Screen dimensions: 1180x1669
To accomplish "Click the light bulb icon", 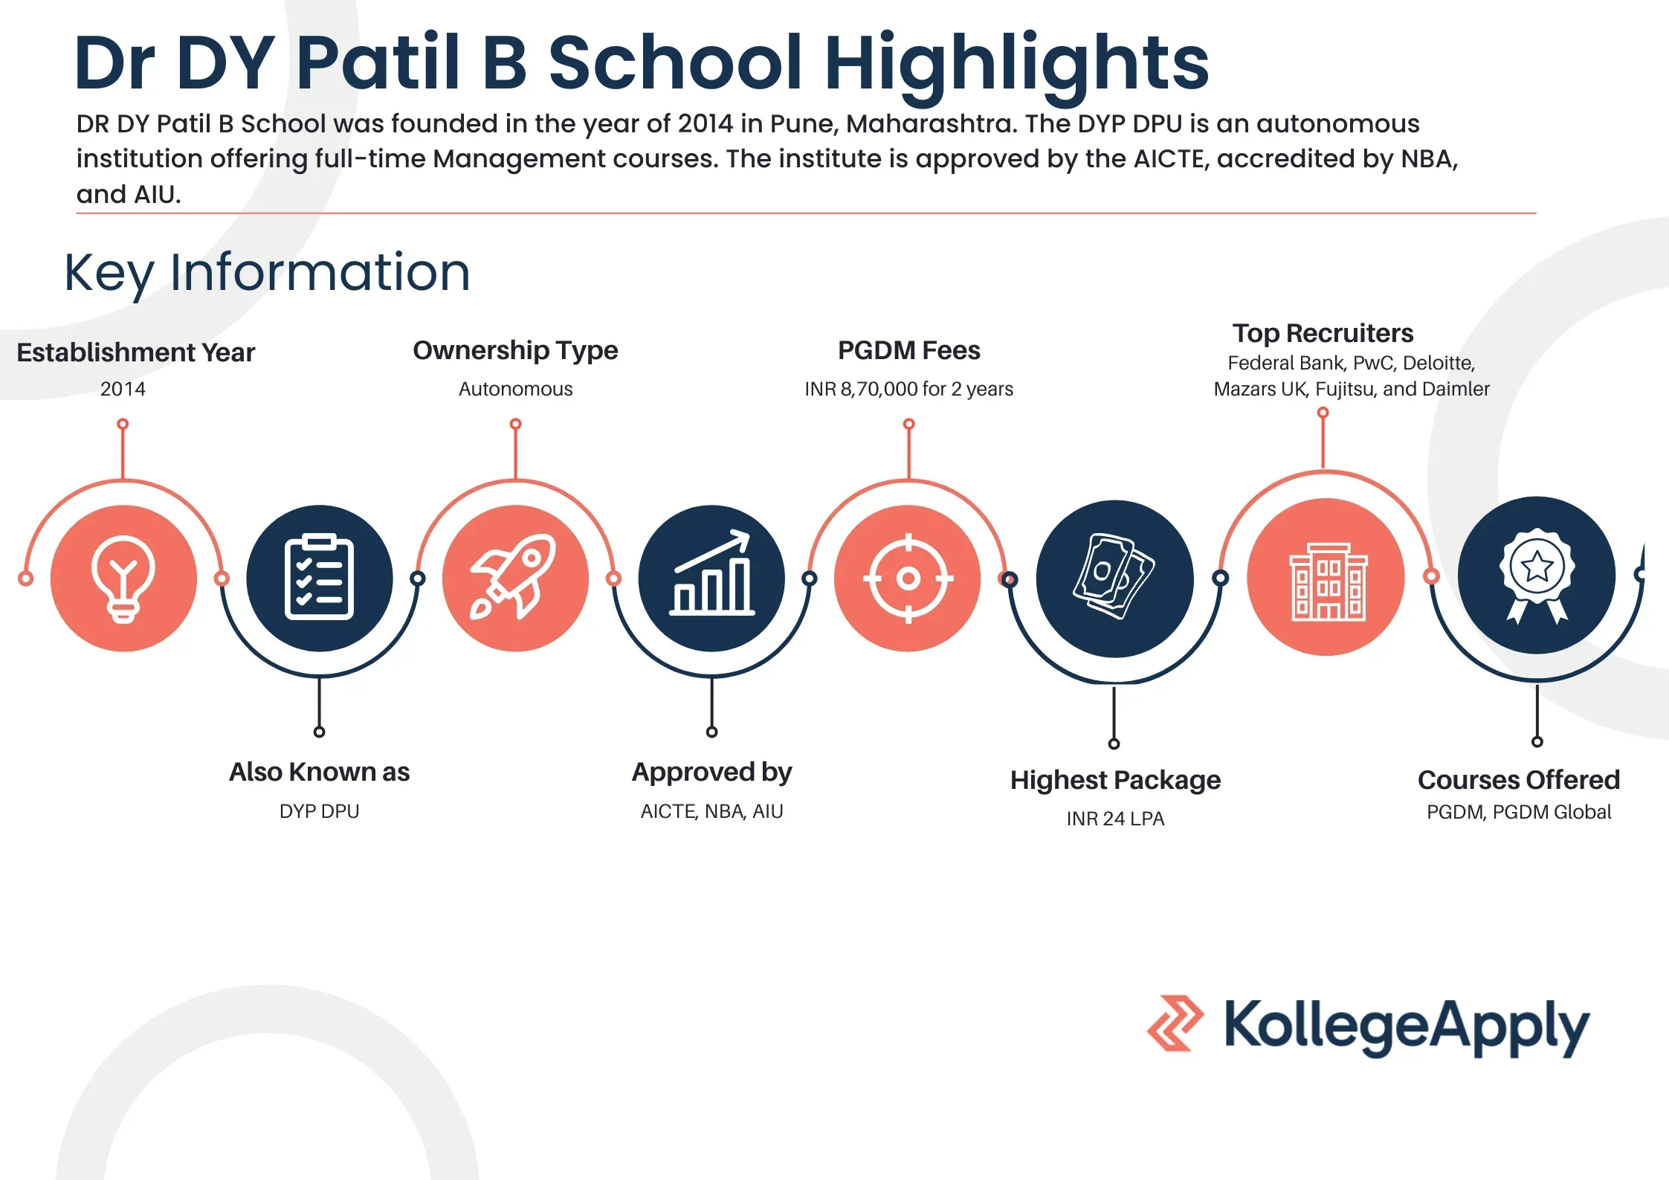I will point(123,578).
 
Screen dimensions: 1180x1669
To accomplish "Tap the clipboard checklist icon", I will point(319,578).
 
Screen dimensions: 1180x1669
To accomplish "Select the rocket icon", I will point(514,578).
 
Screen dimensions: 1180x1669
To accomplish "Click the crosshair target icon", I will point(908,578).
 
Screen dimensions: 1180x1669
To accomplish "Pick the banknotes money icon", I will point(1114,577).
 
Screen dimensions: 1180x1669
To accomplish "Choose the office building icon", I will point(1327,581).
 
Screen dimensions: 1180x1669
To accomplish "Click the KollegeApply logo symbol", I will point(1175,1023).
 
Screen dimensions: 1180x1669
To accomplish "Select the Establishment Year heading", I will point(135,352).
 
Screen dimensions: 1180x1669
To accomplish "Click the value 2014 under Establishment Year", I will point(123,389).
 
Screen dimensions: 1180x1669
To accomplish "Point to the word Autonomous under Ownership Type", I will point(515,389).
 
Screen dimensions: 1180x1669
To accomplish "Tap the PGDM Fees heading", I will point(908,350).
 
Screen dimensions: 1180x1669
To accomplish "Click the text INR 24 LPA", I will point(1115,819).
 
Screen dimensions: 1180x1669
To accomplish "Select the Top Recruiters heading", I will point(1323,333).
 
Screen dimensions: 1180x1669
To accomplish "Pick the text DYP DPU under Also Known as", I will point(319,811).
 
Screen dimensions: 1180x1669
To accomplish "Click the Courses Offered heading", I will point(1518,780).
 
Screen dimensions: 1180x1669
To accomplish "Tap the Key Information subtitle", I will point(267,273).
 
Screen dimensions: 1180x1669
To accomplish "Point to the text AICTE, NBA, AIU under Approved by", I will point(711,811).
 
